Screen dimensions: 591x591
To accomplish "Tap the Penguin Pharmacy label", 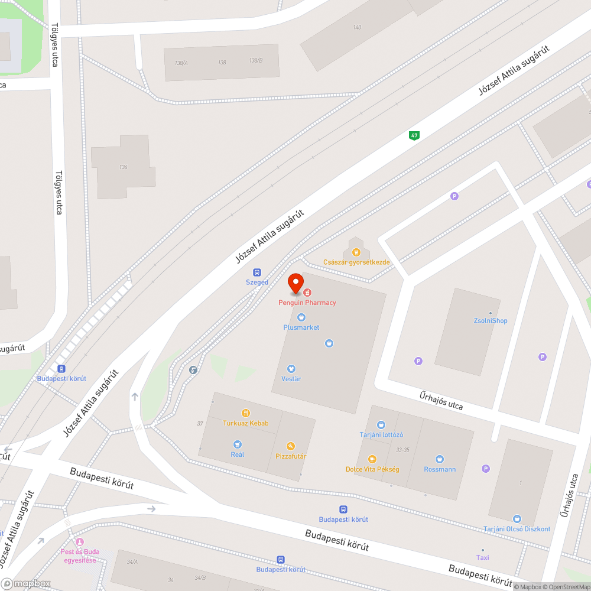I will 307,303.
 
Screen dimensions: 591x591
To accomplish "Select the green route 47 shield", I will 414,135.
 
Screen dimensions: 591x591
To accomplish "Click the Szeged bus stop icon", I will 257,272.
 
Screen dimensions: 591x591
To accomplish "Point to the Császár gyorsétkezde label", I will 356,262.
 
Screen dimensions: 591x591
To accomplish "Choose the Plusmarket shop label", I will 301,327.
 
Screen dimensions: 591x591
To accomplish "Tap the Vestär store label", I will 291,379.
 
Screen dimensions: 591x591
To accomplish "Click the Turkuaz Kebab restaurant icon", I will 246,413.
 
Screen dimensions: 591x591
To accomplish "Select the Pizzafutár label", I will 291,456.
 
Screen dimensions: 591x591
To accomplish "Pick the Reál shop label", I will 238,454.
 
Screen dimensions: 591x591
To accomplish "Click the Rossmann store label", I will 440,469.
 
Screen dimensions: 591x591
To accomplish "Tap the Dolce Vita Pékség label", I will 372,469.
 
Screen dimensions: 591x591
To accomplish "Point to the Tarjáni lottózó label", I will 381,435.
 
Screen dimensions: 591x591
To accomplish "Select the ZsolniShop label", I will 490,321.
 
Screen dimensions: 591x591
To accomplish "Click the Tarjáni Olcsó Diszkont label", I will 517,529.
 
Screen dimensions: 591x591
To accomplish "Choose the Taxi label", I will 483,557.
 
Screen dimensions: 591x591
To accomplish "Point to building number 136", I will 123,167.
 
